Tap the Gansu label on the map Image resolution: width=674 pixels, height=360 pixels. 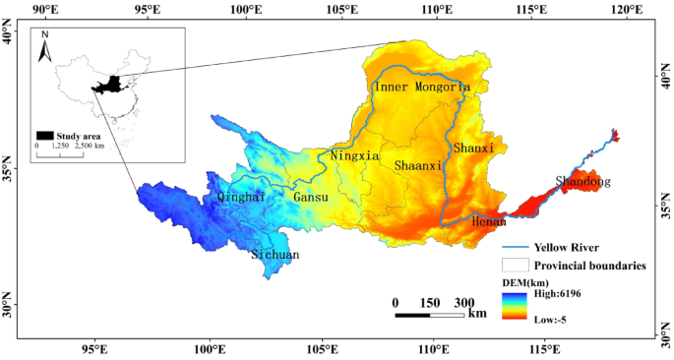pos(311,197)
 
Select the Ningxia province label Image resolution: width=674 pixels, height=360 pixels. pos(355,155)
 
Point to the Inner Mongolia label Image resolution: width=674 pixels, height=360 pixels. pos(421,88)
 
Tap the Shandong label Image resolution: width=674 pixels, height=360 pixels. pos(582,182)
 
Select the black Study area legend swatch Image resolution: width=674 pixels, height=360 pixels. pos(44,135)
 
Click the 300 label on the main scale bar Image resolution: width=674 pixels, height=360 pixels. pos(463,303)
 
